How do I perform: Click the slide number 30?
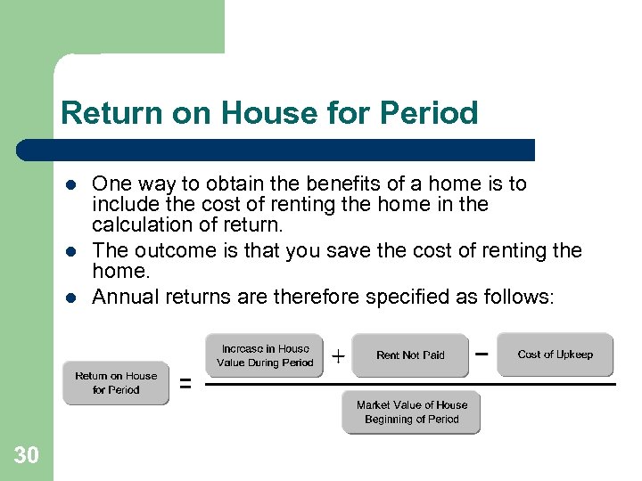click(x=26, y=456)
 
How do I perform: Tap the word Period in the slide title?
click(x=429, y=113)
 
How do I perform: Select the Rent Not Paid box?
click(x=410, y=355)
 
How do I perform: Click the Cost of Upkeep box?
click(x=555, y=355)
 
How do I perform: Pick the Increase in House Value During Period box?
click(x=265, y=355)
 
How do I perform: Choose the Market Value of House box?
click(x=411, y=412)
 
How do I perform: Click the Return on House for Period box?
click(x=116, y=383)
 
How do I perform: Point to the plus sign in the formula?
click(x=338, y=357)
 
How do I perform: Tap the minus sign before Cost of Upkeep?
click(x=481, y=353)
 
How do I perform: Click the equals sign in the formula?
click(x=185, y=384)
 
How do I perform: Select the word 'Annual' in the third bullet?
click(x=122, y=298)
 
